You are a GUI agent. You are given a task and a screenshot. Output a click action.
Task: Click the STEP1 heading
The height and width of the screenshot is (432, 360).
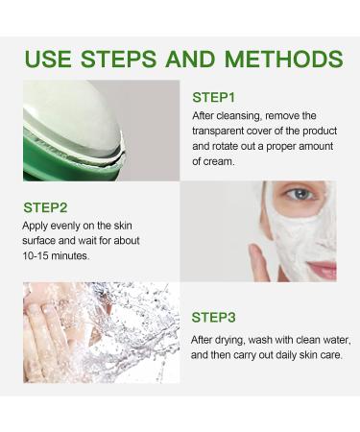coord(213,97)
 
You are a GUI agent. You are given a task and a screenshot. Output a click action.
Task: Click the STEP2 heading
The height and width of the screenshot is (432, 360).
coord(44,206)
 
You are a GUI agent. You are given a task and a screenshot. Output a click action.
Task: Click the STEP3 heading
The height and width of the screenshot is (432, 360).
coord(213,317)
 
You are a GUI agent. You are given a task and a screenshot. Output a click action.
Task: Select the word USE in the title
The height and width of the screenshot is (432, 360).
coord(49,59)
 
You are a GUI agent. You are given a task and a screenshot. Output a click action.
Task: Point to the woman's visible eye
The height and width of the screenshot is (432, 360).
coord(301,195)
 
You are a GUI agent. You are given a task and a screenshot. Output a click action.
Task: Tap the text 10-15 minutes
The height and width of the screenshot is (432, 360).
coord(57,256)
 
